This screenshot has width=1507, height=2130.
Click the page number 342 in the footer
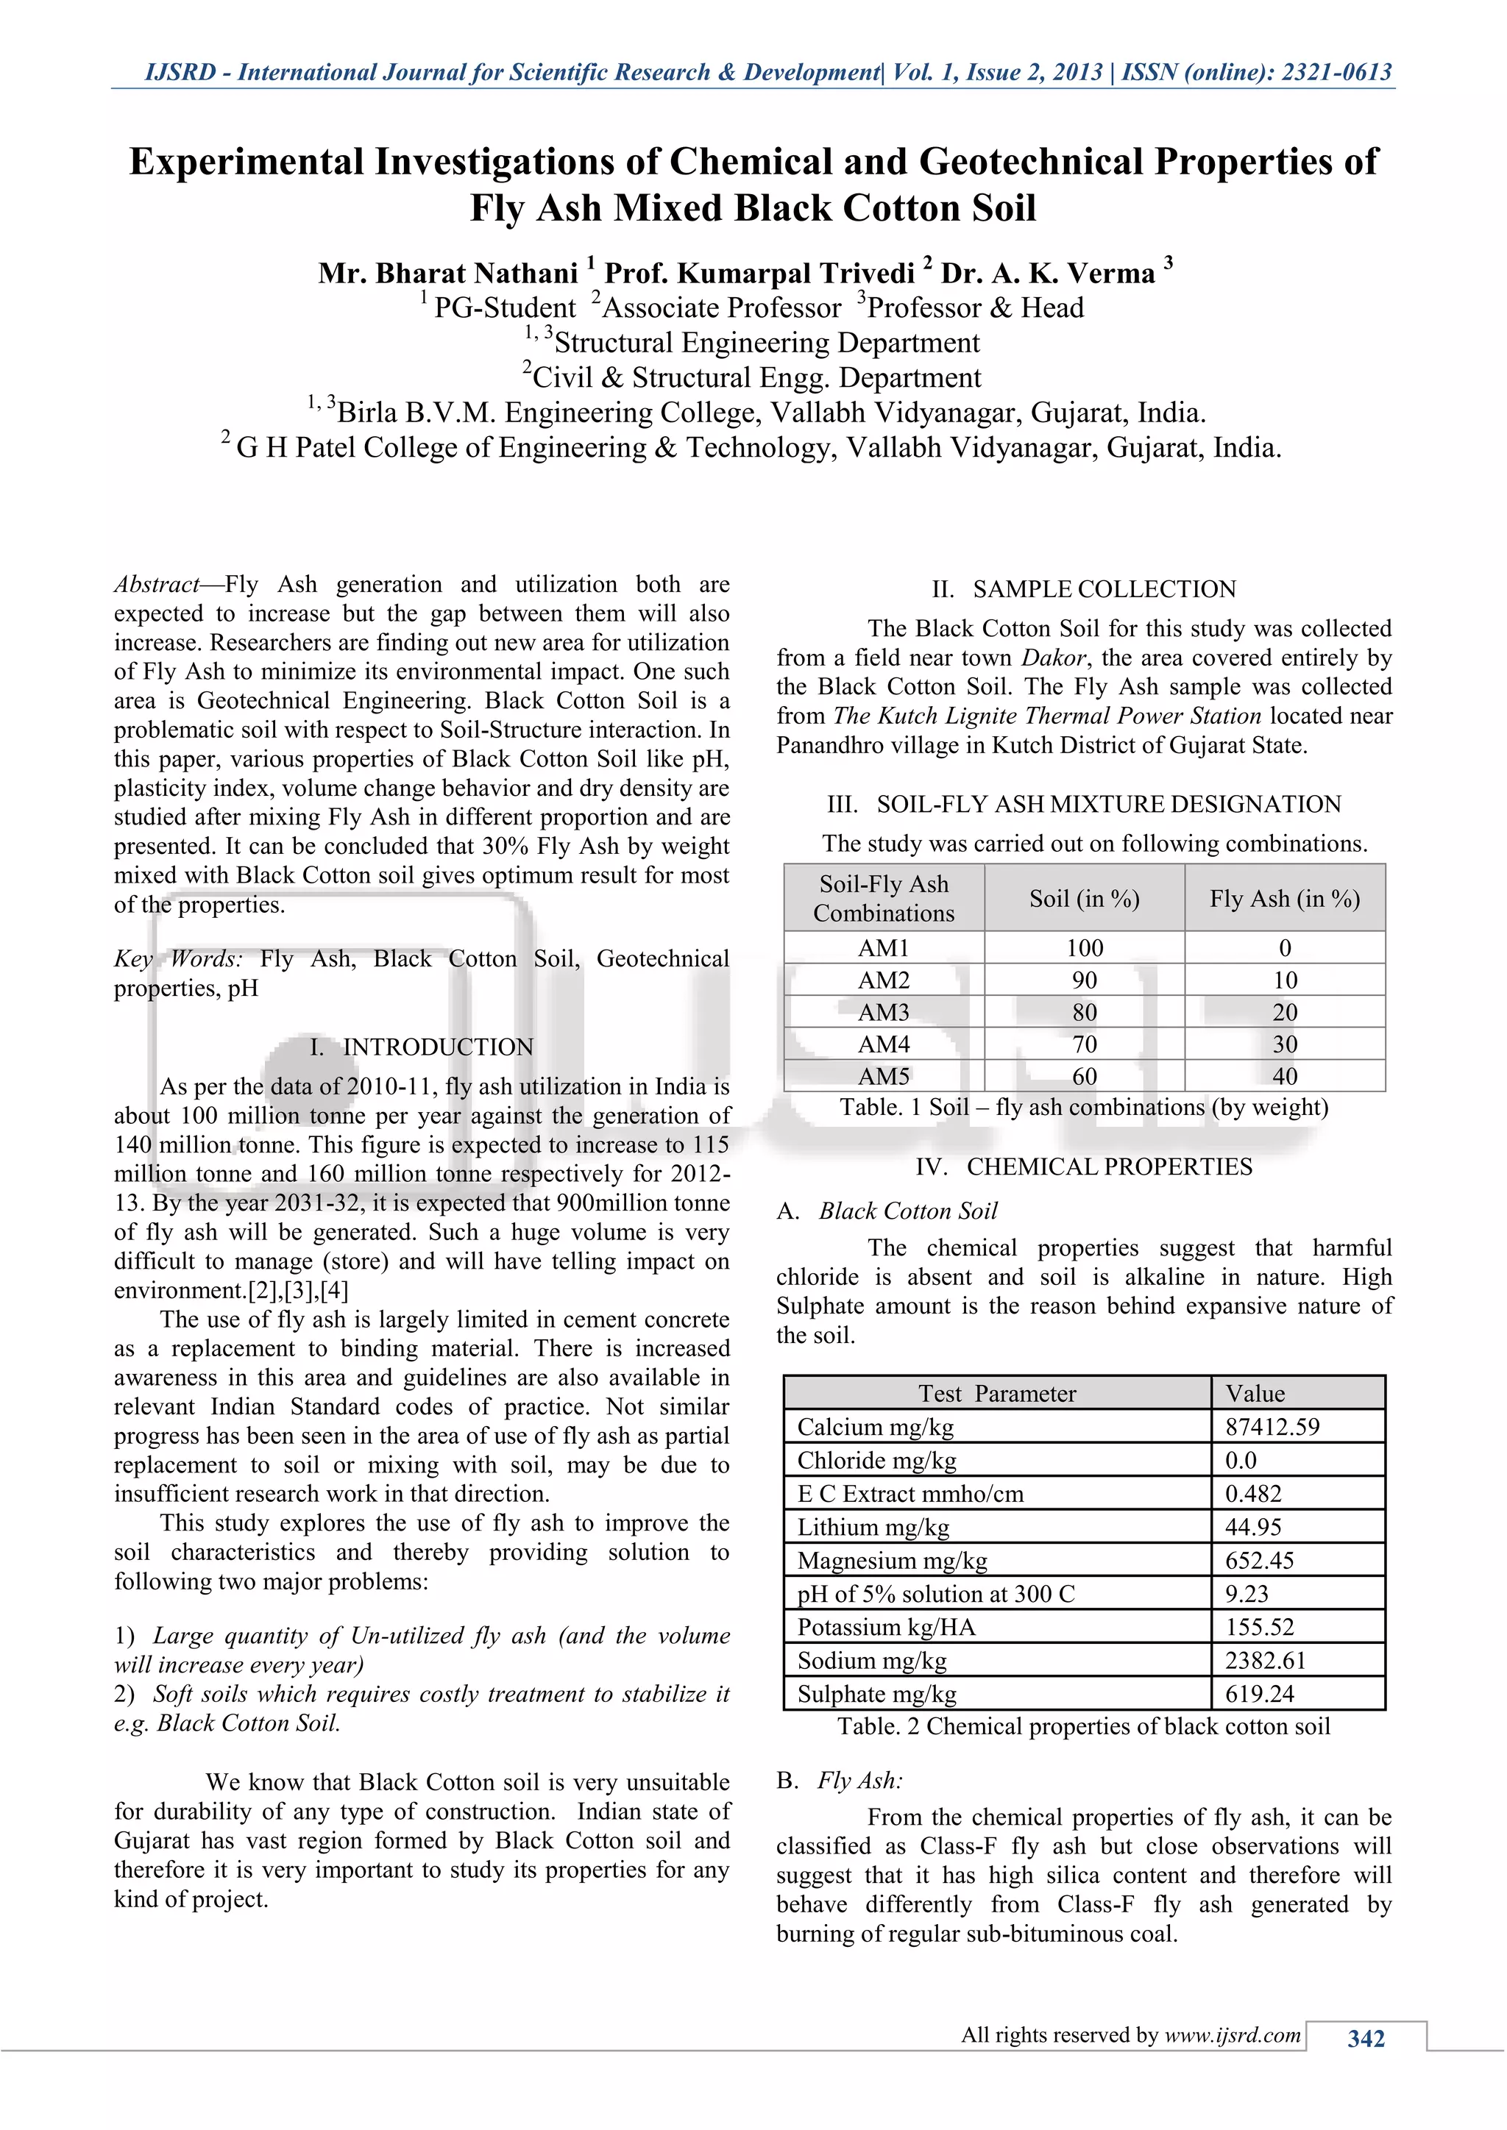(x=1365, y=2038)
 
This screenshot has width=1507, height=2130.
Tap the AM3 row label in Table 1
(x=884, y=1012)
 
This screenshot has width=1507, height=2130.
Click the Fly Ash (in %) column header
(x=1284, y=898)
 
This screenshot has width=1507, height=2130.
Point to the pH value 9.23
(x=1247, y=1594)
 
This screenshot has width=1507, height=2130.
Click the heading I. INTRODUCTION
(x=422, y=1047)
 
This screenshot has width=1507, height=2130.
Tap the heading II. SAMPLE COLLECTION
(x=1084, y=589)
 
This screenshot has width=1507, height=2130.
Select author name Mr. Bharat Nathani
(x=448, y=274)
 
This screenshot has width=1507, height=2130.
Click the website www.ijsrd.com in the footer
(x=1233, y=2034)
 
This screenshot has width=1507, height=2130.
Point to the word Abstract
(x=156, y=585)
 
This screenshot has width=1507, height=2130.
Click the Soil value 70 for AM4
(x=1084, y=1044)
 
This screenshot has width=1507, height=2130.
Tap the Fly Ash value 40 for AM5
(x=1284, y=1076)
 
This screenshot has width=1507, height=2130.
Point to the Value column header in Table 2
(x=1255, y=1394)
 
